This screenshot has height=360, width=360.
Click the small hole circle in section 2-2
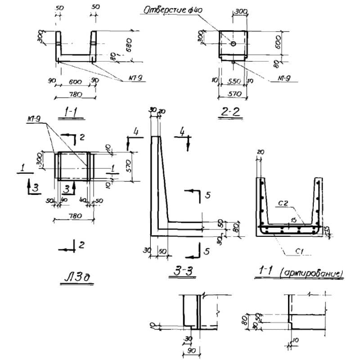coord(233,43)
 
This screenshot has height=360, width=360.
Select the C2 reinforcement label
coord(282,204)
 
